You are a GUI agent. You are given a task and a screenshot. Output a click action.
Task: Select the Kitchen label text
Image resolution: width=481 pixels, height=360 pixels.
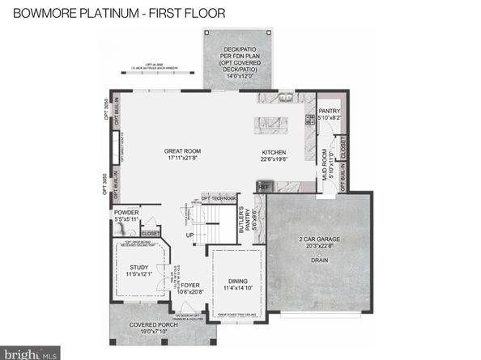[274, 152]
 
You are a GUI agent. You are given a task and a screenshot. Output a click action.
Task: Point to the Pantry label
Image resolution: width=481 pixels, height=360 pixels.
[330, 112]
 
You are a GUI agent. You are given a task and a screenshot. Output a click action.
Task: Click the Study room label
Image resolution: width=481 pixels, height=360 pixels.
[139, 269]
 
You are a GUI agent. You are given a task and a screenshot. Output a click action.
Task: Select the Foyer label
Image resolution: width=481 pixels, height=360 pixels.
[189, 285]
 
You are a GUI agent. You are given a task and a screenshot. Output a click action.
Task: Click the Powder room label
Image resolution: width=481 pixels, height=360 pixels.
[127, 214]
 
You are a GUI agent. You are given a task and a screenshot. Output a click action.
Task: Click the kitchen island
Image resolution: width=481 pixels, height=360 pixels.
[274, 124]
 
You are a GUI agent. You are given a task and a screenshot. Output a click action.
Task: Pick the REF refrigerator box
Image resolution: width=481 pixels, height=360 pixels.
[264, 186]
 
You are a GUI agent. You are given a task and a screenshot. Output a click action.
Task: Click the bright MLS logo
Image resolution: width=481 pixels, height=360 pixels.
[31, 353]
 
